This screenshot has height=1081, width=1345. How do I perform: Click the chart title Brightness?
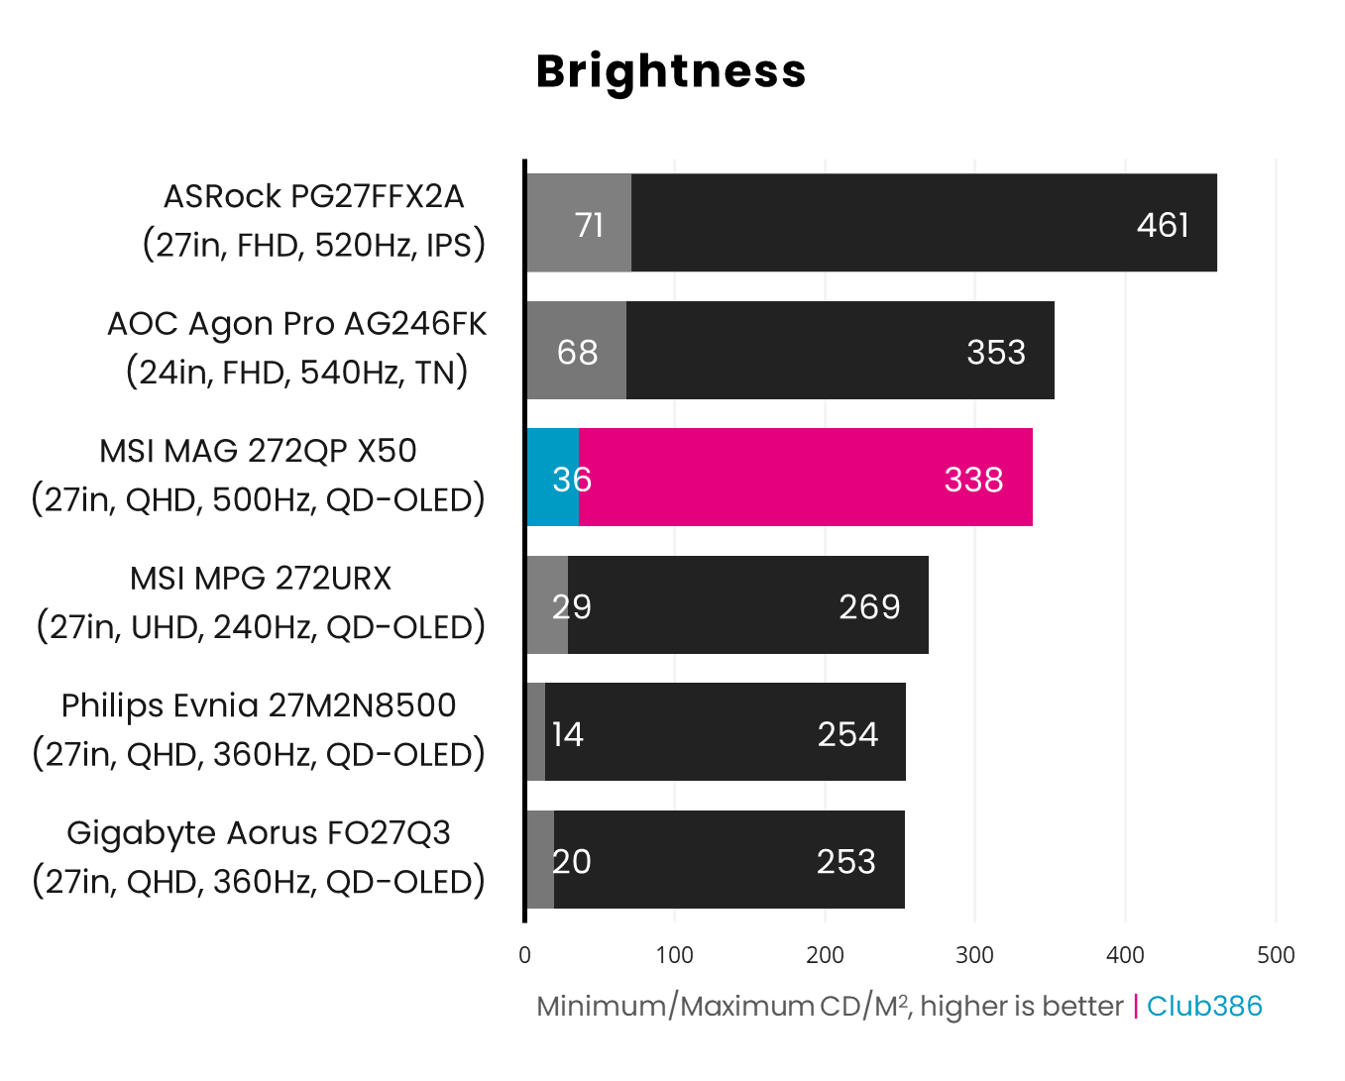click(671, 71)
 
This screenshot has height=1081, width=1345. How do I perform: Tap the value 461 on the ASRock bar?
click(1162, 225)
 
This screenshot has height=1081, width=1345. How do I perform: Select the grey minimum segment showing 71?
click(580, 224)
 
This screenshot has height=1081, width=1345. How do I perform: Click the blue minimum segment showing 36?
click(552, 479)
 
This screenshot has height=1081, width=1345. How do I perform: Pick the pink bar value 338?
click(973, 480)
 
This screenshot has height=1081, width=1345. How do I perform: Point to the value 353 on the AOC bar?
click(995, 352)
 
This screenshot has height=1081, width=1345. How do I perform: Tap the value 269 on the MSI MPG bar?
click(868, 606)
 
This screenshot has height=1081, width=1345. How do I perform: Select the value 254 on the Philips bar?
click(847, 734)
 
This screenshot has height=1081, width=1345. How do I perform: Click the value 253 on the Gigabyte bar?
click(845, 861)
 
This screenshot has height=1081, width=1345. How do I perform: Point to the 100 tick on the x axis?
click(675, 955)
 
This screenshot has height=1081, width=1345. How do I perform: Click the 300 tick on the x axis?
click(974, 955)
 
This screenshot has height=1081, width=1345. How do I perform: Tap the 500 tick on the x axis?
click(1275, 955)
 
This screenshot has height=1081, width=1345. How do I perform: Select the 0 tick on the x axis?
click(524, 955)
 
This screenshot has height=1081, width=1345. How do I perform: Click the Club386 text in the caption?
click(1203, 1006)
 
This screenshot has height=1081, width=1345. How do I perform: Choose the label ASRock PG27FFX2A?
click(313, 196)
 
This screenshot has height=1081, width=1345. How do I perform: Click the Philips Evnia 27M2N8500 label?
click(259, 705)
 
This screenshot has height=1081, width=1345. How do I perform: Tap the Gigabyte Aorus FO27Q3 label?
click(259, 832)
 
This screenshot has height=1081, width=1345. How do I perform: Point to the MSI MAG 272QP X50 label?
click(258, 451)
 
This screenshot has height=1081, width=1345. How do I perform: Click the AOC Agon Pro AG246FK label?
click(296, 324)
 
